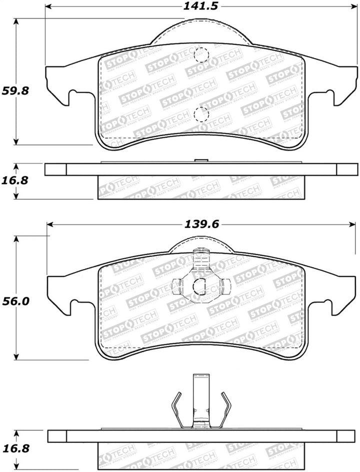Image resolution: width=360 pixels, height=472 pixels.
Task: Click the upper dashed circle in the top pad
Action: [201, 54]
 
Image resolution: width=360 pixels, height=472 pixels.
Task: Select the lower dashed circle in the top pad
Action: [201, 115]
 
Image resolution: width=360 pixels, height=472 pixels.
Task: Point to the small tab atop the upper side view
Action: [200, 160]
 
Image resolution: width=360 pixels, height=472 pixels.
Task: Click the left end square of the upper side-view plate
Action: [55, 170]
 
